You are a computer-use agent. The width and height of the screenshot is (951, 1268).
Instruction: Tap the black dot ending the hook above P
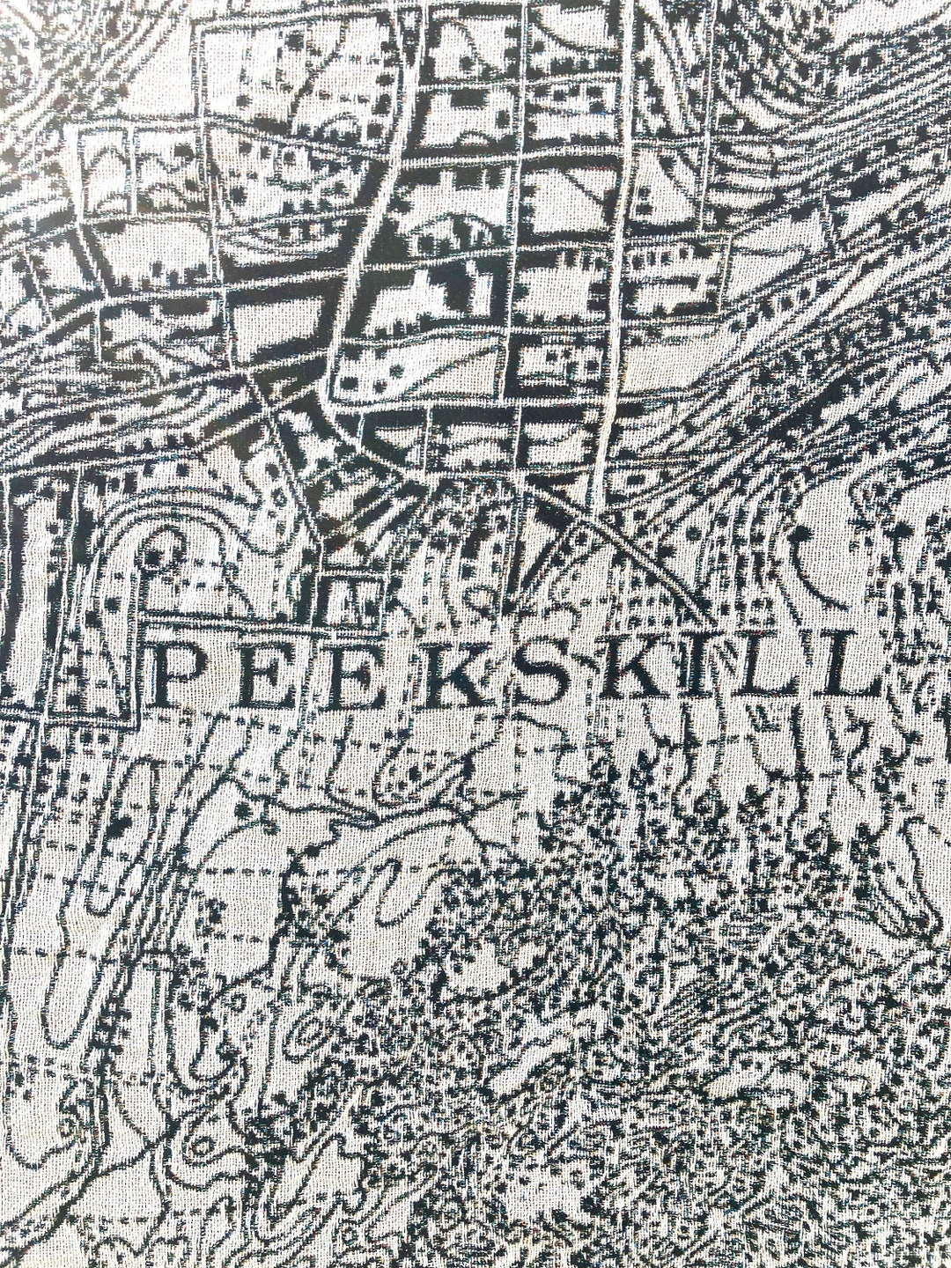(157, 558)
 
